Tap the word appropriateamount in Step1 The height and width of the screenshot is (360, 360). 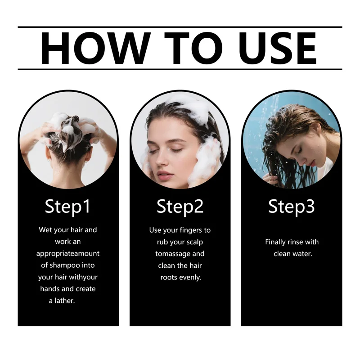(67, 253)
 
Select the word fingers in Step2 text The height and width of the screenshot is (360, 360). (187, 230)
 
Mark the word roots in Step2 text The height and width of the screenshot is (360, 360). (169, 277)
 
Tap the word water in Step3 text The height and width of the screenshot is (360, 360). (302, 254)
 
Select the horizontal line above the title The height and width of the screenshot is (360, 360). (180, 27)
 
